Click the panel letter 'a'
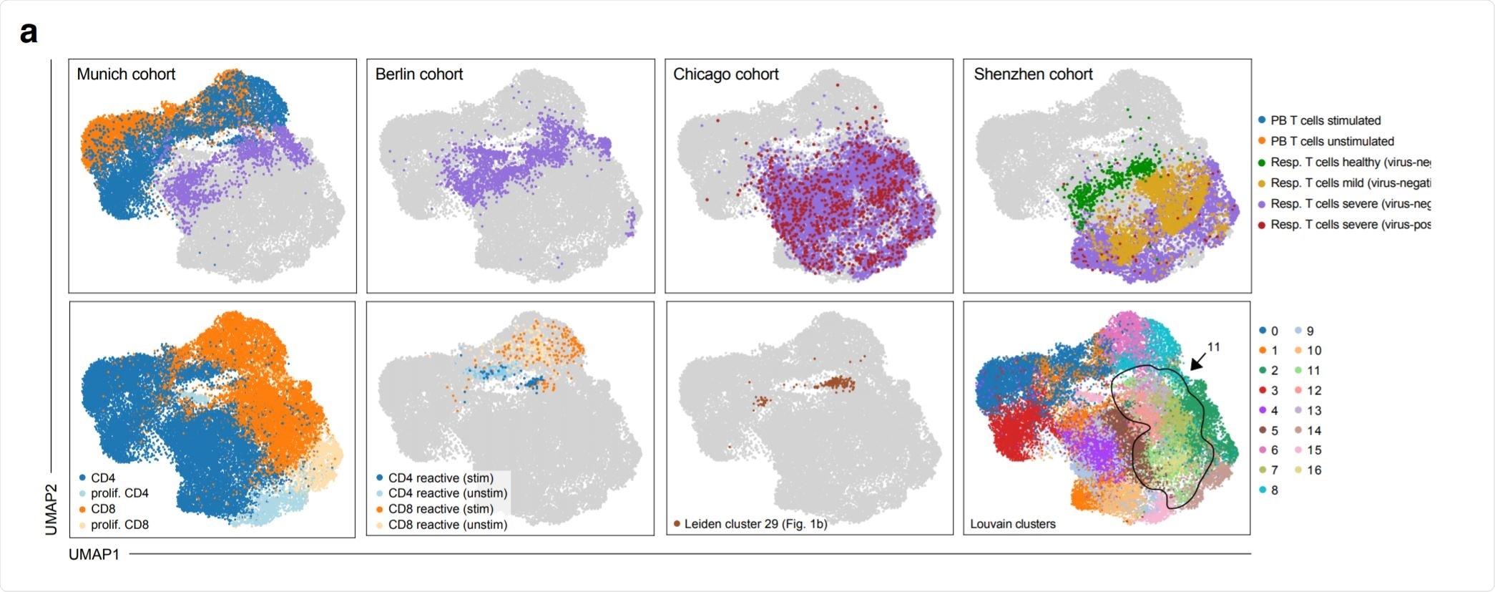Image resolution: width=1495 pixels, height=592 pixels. (x=29, y=33)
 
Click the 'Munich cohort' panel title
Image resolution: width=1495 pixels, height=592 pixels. (x=126, y=74)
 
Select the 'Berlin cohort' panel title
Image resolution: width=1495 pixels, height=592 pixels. (x=419, y=74)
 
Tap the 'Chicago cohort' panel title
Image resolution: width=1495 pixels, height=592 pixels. (x=725, y=74)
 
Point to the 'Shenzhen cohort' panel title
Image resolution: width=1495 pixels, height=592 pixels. (x=1033, y=74)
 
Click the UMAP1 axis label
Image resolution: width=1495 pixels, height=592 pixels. (x=94, y=554)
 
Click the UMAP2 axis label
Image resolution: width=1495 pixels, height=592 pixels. (x=52, y=509)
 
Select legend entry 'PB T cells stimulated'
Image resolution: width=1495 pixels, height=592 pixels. (x=1325, y=120)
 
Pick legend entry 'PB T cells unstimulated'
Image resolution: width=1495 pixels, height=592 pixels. (x=1332, y=141)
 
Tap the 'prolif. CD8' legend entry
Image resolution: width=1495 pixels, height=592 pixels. (x=119, y=525)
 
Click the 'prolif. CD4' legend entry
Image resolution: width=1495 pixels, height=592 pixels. (x=119, y=493)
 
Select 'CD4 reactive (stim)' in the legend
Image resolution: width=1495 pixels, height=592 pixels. (x=441, y=477)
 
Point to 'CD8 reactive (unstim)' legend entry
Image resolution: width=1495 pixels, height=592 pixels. (x=448, y=525)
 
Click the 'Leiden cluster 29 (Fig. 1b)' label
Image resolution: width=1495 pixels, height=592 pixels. (x=755, y=524)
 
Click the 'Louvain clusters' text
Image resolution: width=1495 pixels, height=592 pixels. (x=1012, y=524)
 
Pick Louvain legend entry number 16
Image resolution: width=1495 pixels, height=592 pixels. (x=1314, y=470)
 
